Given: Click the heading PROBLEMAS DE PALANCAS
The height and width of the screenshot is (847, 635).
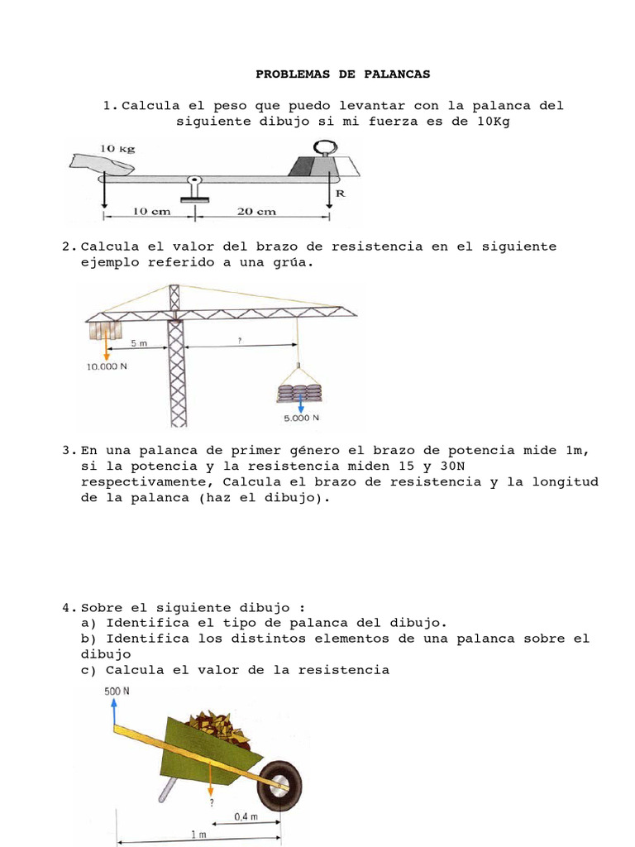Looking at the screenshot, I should (342, 74).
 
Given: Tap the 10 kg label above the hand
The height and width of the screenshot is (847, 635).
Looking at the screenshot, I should (117, 148).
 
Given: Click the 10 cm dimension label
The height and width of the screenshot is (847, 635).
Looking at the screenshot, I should (150, 211).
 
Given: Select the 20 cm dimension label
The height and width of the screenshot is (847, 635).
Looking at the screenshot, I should (256, 211).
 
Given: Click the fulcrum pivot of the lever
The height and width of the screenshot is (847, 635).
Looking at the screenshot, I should (194, 181).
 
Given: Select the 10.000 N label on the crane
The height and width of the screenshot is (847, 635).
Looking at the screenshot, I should (107, 365).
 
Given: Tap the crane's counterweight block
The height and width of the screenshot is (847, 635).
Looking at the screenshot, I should (105, 331).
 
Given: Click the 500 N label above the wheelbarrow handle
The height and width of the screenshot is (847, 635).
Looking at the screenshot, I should (117, 691).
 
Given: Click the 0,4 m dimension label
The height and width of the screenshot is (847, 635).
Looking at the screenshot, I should (246, 816).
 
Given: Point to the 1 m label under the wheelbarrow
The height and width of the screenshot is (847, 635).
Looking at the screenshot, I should (199, 835).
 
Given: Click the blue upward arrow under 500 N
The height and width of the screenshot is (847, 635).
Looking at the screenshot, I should (114, 711).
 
